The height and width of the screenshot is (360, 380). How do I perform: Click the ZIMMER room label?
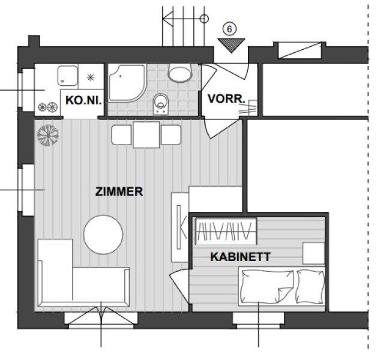(119, 191)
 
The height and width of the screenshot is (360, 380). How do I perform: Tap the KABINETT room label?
(240, 257)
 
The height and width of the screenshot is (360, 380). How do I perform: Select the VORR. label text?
(226, 98)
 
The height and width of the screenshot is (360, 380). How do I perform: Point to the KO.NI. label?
(83, 100)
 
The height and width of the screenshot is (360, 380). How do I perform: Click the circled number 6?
(229, 29)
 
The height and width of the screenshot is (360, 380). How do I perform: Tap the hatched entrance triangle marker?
(232, 46)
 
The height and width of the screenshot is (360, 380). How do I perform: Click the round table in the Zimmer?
(103, 235)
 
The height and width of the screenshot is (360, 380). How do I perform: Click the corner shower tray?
(127, 83)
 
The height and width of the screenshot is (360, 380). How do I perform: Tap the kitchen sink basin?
(68, 76)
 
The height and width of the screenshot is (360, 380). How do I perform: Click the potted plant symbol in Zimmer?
(48, 136)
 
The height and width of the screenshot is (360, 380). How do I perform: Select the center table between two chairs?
(146, 134)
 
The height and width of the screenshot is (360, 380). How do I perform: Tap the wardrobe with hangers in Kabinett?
(226, 231)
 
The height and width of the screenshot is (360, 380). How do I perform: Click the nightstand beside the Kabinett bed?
(313, 253)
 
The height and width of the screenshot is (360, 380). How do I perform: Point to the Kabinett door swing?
(178, 286)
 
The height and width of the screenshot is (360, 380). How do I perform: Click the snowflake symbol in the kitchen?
(91, 77)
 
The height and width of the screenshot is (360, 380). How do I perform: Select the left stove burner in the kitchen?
(43, 107)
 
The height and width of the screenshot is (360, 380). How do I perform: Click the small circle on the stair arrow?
(205, 19)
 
